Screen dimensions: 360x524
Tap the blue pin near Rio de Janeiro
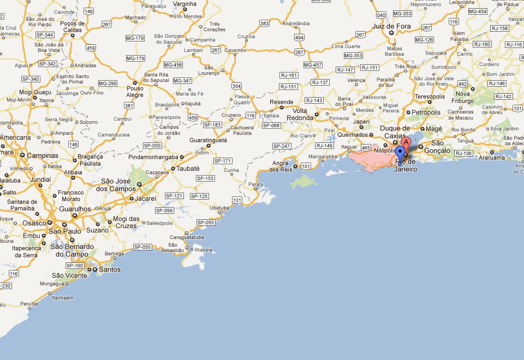tap(400, 152)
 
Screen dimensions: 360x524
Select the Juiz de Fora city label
tap(391, 26)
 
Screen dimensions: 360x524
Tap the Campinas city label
tap(43, 155)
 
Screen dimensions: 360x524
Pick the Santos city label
tap(110, 269)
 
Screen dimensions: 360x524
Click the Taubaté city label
tap(188, 169)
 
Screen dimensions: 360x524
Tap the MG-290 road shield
tap(107, 83)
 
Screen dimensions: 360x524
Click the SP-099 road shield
tap(164, 211)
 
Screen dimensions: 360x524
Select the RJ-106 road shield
tap(463, 153)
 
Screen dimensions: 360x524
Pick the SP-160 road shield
tap(75, 266)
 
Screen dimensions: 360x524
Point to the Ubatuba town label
tap(219, 208)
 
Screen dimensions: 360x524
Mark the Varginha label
tap(185, 4)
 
